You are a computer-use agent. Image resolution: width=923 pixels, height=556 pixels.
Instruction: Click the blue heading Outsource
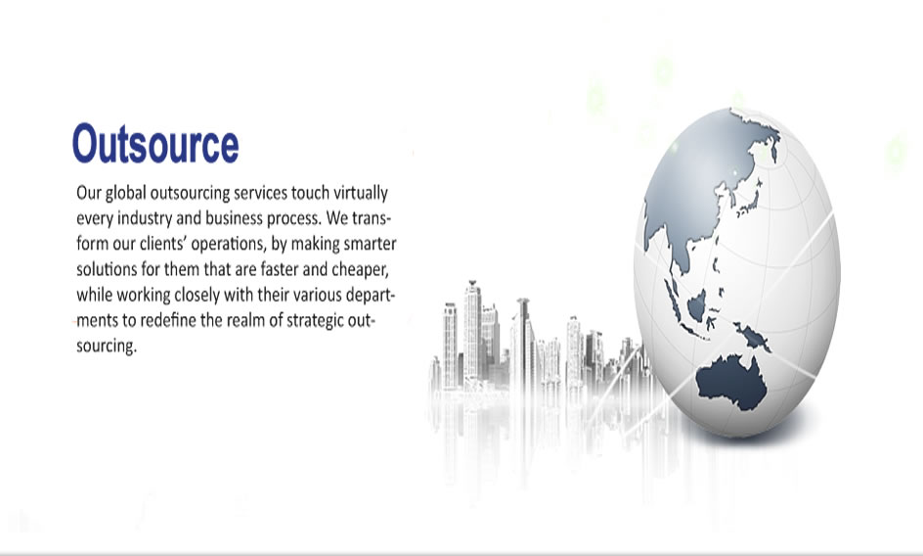click(x=155, y=143)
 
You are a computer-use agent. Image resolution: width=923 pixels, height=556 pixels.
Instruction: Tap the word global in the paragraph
click(x=126, y=194)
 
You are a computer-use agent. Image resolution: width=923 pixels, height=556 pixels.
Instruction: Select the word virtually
click(x=361, y=194)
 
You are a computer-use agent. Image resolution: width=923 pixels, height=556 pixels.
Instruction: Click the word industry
click(x=145, y=218)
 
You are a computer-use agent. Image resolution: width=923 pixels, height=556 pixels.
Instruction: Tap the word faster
click(x=279, y=269)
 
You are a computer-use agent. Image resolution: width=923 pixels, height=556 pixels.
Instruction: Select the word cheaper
click(x=360, y=270)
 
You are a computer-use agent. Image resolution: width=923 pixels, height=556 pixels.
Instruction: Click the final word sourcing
click(x=106, y=347)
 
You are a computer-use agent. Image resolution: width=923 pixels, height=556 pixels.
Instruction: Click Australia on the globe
click(x=732, y=382)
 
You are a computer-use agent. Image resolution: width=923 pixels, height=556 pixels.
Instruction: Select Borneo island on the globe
click(x=697, y=304)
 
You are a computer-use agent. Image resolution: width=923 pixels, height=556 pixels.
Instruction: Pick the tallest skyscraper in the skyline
click(x=472, y=330)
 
